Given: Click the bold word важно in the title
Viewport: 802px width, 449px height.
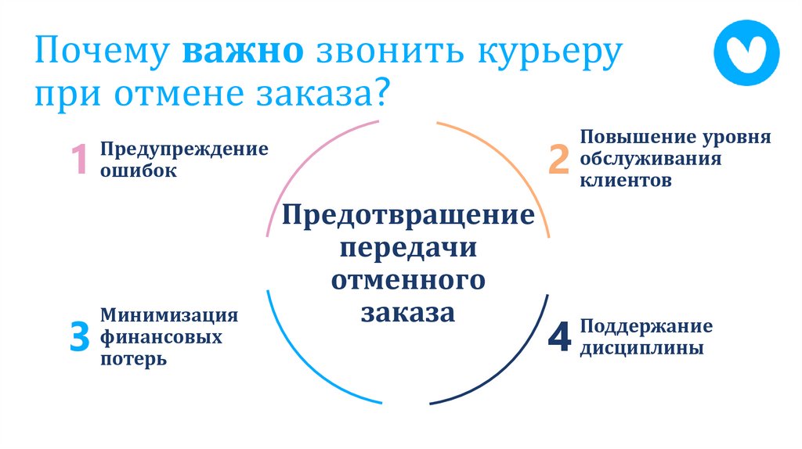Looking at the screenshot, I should pyautogui.click(x=244, y=54).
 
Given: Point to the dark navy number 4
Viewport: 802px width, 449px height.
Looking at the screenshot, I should pyautogui.click(x=558, y=336).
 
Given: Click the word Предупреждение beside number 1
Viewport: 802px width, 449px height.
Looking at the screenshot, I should pyautogui.click(x=183, y=149).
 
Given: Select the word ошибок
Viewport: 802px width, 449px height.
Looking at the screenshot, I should pyautogui.click(x=138, y=171).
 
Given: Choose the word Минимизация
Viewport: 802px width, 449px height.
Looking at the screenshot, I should pyautogui.click(x=169, y=315).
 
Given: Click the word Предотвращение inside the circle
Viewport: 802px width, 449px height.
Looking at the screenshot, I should pyautogui.click(x=408, y=215).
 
